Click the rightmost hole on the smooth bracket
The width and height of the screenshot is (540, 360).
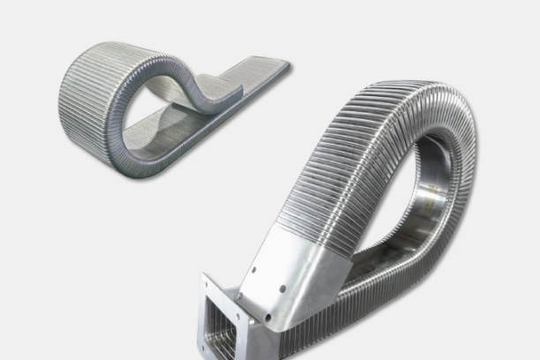(x=282, y=289)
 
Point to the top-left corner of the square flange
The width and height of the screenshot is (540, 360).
(x=202, y=276)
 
